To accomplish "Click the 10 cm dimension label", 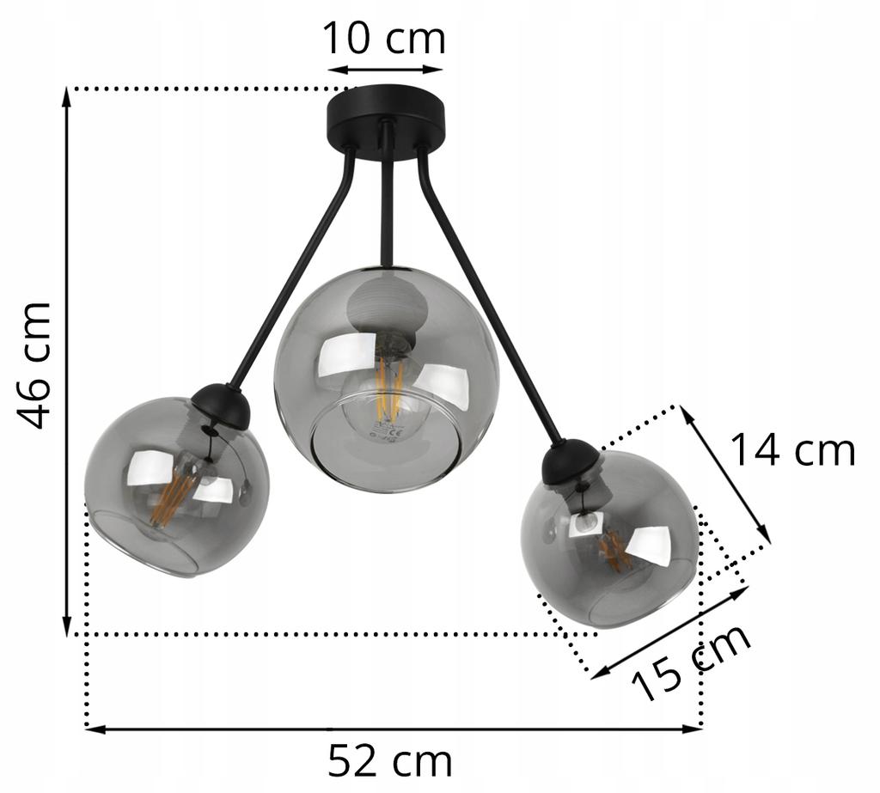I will (383, 39).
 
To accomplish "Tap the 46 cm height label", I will (36, 364).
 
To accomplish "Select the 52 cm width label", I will (389, 761).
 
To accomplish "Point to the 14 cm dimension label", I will (792, 450).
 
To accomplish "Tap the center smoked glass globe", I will (387, 378).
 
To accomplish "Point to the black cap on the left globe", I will (221, 406).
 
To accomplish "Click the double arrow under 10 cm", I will (384, 69).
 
